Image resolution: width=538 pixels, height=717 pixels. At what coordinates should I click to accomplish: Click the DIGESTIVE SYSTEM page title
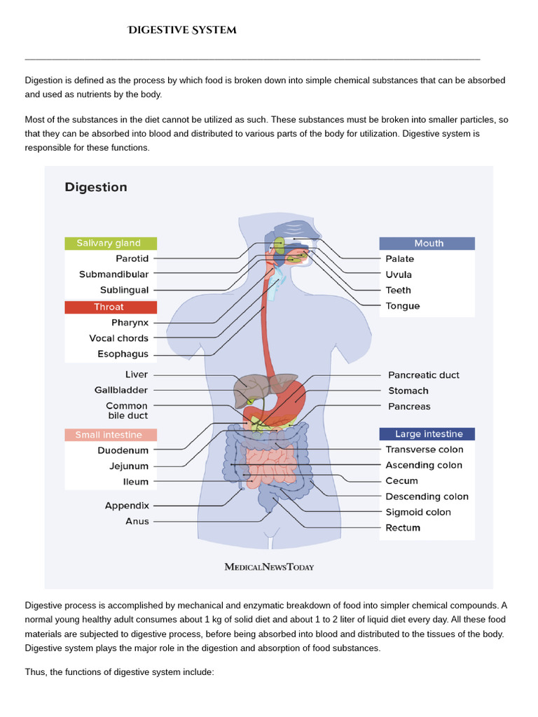pos(181,30)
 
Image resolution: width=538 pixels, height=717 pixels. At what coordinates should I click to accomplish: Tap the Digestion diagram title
pos(96,187)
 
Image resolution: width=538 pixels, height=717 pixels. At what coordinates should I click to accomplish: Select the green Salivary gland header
pos(111,243)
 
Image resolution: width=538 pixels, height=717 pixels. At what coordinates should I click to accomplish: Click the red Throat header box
pos(111,307)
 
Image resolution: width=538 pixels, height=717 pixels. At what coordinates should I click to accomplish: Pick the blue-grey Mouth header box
pos(427,243)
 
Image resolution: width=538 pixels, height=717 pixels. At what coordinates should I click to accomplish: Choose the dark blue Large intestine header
pos(427,433)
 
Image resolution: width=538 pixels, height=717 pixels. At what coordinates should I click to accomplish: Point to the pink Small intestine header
pos(111,435)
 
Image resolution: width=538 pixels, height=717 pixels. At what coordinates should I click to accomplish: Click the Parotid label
pos(132,258)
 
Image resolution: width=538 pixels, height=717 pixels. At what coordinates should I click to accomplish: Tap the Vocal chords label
pos(119,338)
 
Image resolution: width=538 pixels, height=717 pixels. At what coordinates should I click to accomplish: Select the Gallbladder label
pos(121,390)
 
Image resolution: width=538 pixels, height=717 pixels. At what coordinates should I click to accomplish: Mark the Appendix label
pos(127,505)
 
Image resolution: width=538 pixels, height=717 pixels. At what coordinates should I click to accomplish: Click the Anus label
pos(137,521)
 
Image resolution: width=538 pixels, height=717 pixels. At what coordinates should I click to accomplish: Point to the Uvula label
pos(399,274)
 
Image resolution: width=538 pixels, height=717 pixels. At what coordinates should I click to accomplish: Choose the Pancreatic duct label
pos(424,375)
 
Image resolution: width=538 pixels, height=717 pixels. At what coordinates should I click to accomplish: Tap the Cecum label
pos(401,481)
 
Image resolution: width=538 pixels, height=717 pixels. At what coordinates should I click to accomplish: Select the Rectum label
pos(403,528)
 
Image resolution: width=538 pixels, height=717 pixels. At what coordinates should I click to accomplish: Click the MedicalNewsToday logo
pos(269,566)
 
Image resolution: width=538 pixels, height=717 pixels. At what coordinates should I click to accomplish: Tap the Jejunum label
pos(129,466)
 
